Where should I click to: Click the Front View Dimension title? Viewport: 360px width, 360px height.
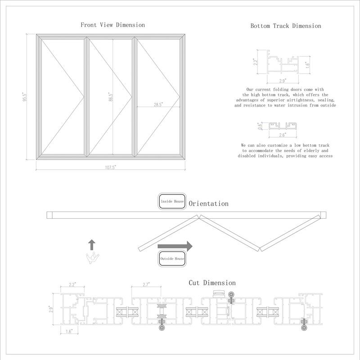[112, 25]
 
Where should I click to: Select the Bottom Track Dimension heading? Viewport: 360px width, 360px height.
[286, 26]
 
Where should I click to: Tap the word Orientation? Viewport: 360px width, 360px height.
[208, 204]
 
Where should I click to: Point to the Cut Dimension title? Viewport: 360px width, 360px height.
[211, 283]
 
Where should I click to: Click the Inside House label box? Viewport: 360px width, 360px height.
[172, 202]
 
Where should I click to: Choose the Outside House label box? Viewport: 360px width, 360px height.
[172, 259]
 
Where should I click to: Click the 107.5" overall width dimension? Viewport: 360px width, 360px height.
[110, 167]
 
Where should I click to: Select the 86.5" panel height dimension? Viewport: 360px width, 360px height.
[110, 97]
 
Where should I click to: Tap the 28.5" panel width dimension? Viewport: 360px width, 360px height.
[158, 104]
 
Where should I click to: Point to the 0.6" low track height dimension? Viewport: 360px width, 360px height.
[259, 126]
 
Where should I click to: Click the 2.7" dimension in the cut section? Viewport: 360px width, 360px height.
[146, 285]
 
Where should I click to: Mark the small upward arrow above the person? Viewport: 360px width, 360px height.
[92, 245]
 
